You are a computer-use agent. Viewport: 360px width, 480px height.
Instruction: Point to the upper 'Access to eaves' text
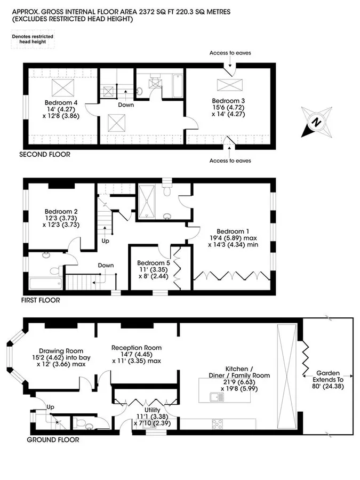click(x=230, y=53)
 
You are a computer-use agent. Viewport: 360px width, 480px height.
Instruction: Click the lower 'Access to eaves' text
click(x=230, y=161)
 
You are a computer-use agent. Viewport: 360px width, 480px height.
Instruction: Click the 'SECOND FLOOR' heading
click(x=45, y=155)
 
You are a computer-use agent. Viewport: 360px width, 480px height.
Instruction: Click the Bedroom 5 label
click(x=154, y=263)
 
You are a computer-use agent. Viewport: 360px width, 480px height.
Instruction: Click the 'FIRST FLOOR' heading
click(x=41, y=300)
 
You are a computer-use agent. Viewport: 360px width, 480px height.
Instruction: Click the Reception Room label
click(x=137, y=348)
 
